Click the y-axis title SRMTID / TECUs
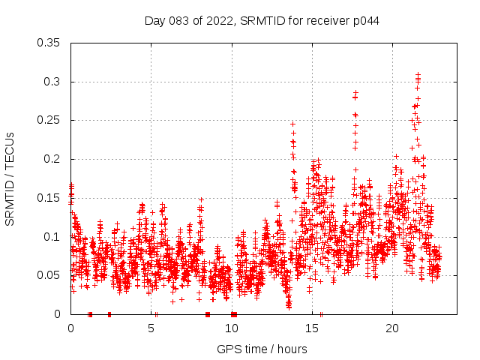click(x=10, y=178)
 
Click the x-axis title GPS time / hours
click(x=262, y=349)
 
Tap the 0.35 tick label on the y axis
click(x=49, y=43)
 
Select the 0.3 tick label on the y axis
click(x=52, y=82)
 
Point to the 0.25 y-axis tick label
click(x=49, y=120)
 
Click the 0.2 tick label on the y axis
click(x=52, y=159)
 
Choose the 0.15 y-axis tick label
click(x=49, y=198)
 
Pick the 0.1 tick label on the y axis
click(x=52, y=237)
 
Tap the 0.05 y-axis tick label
click(x=49, y=275)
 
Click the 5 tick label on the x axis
click(x=151, y=328)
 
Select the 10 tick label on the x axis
click(x=232, y=328)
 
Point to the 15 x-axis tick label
click(x=312, y=328)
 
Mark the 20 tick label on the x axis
click(x=392, y=328)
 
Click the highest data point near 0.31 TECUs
click(x=418, y=74)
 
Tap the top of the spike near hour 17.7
click(x=356, y=92)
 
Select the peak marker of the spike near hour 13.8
click(x=292, y=124)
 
